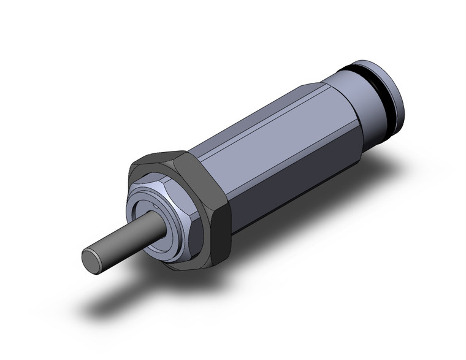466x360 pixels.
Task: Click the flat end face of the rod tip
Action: [x=91, y=259]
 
